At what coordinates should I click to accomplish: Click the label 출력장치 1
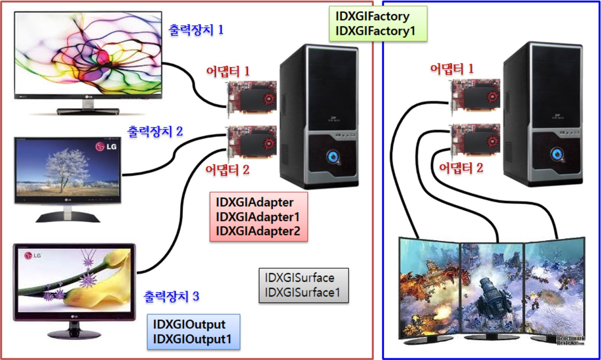196,30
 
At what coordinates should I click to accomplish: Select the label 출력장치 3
171,295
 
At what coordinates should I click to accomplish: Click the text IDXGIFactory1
375,31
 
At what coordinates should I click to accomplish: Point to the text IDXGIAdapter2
258,231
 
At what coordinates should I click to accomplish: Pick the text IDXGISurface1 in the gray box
303,293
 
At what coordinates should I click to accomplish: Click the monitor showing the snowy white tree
67,169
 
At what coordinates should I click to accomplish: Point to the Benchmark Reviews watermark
571,341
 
